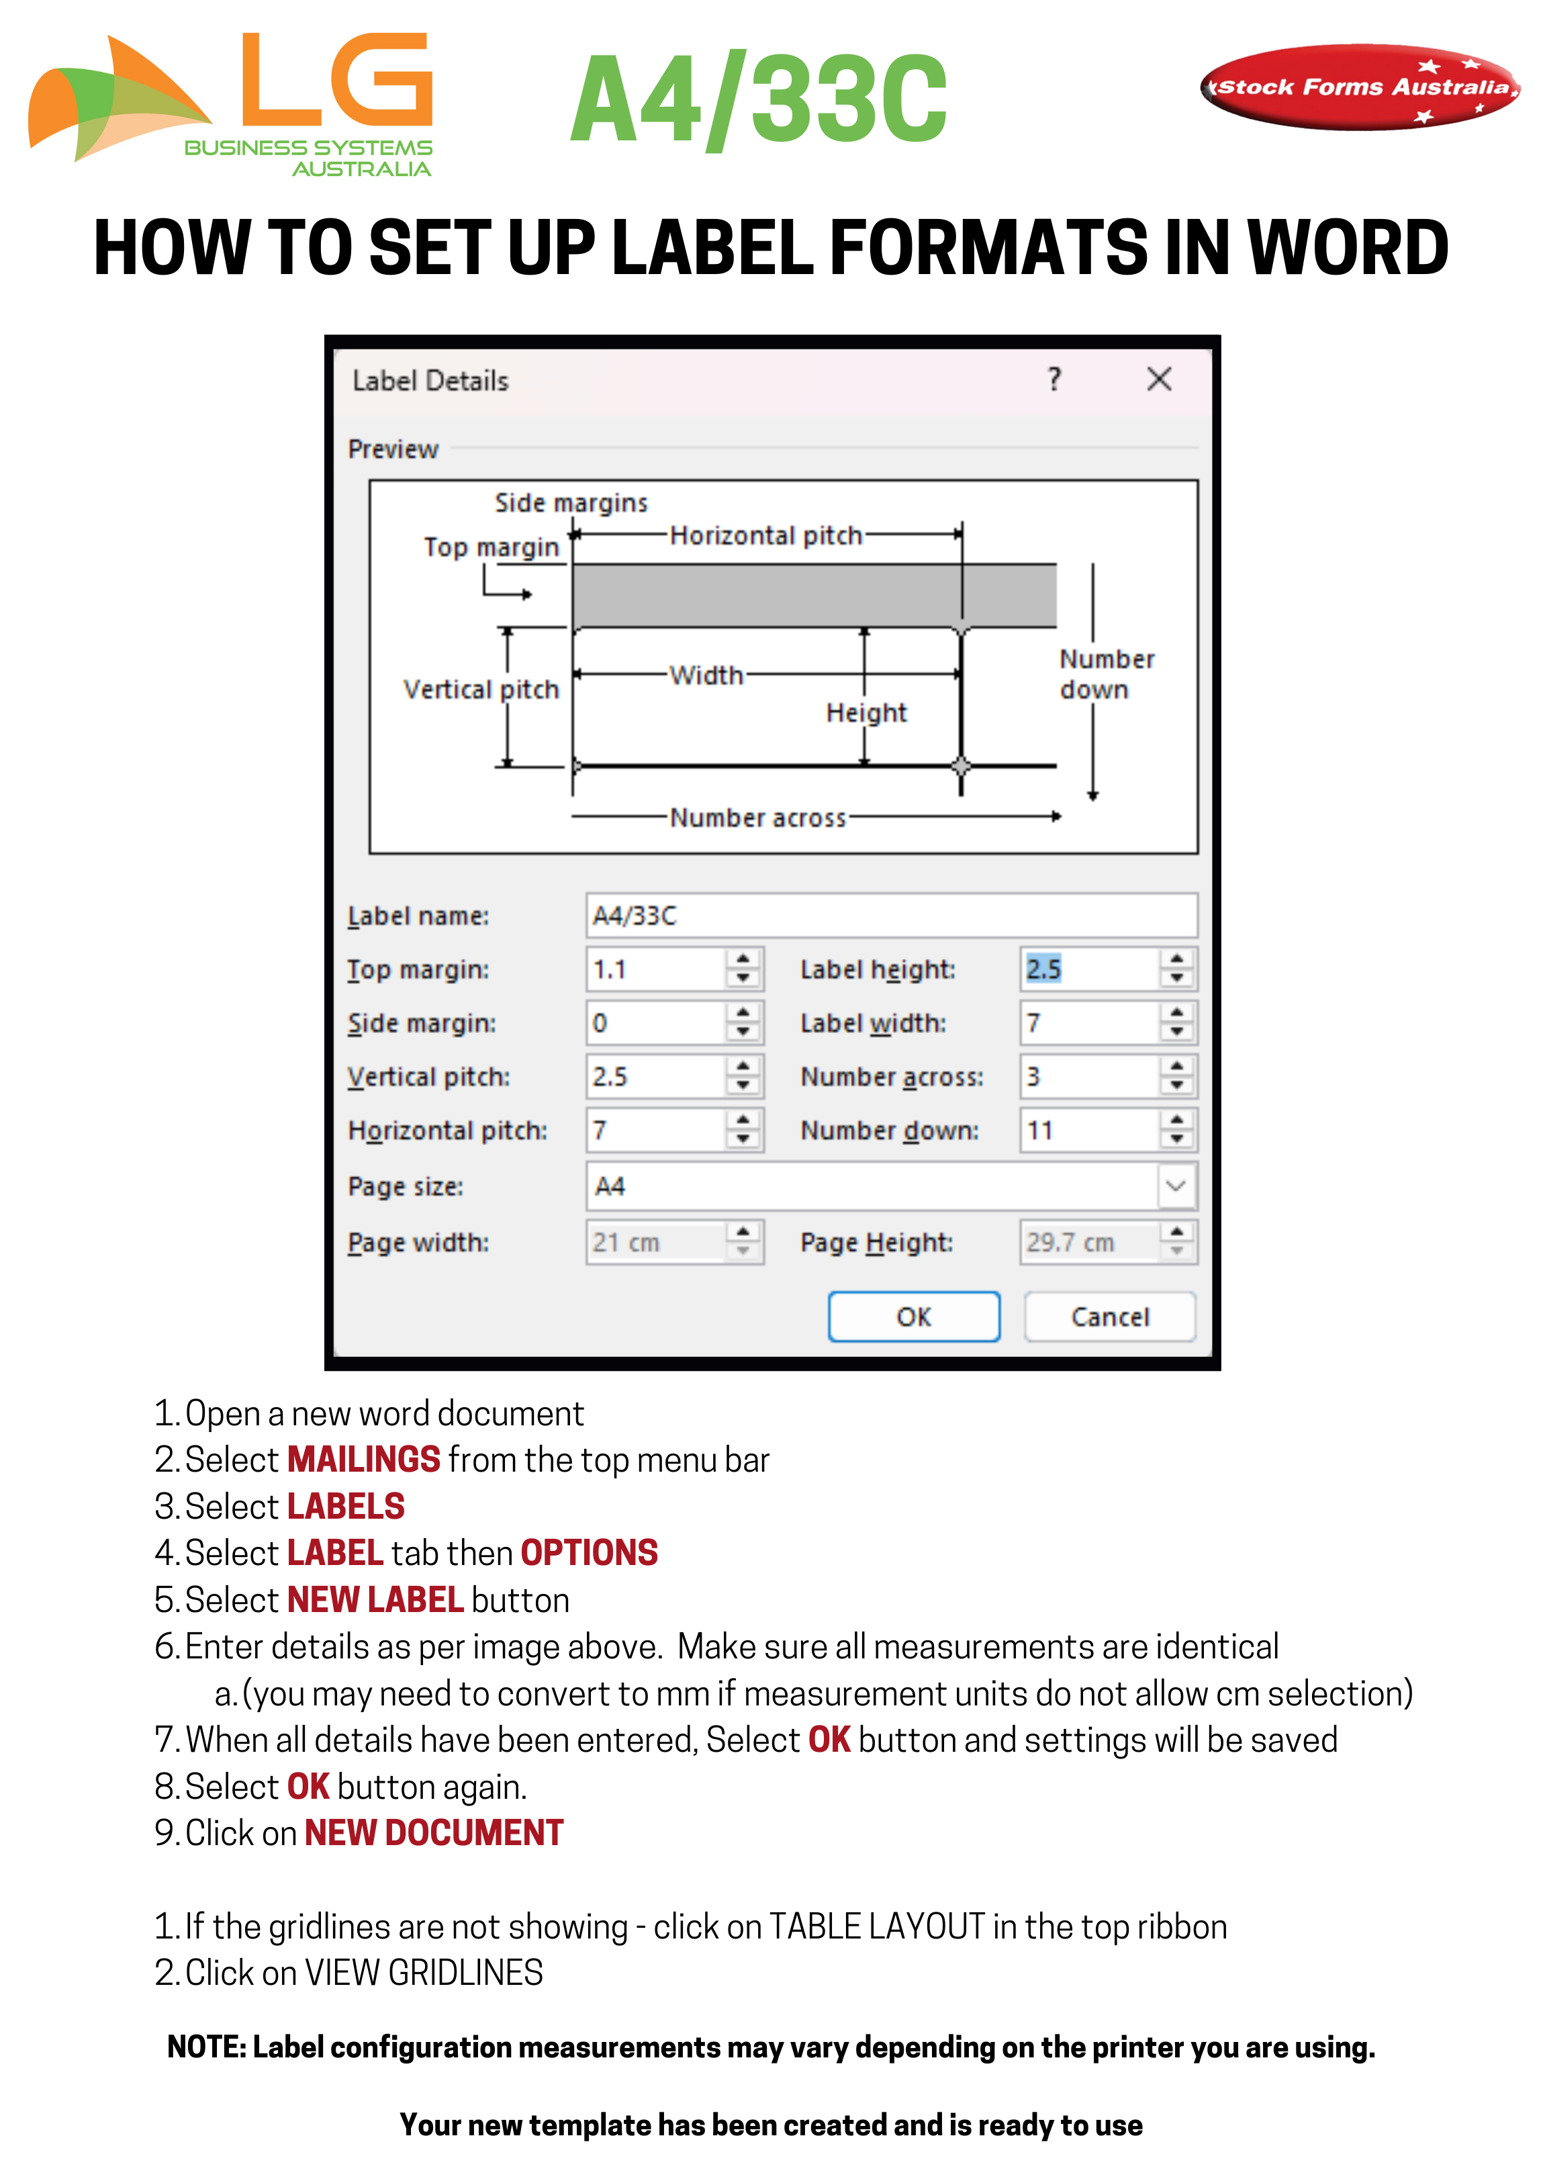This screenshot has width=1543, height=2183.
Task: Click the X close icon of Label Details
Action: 1158,380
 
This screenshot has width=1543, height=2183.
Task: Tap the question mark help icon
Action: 1054,380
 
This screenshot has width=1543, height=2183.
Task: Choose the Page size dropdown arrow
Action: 1176,1186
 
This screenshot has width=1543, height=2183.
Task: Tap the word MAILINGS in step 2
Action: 363,1460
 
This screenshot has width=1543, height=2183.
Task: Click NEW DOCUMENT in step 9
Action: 434,1832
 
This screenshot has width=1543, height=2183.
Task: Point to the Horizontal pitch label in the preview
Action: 765,535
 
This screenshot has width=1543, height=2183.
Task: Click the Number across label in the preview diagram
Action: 757,817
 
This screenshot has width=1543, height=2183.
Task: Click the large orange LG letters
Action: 338,81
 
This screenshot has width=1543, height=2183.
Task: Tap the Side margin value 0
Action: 654,1023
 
